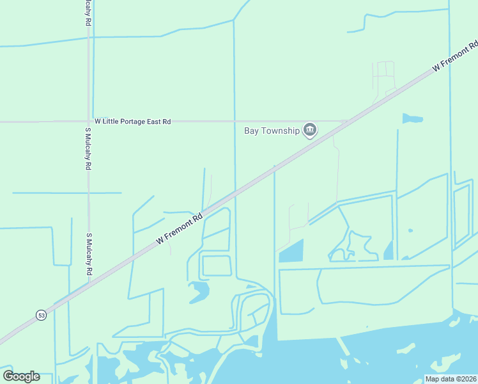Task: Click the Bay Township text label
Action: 272,131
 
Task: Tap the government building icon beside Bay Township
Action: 310,131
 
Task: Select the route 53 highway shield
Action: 42,316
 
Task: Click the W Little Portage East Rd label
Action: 133,121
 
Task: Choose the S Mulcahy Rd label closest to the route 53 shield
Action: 88,255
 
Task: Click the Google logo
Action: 21,376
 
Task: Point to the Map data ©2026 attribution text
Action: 451,379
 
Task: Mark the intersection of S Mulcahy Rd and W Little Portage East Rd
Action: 88,121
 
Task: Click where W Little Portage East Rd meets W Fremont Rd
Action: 345,121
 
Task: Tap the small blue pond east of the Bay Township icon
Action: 412,119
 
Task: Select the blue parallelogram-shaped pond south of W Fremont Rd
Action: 291,251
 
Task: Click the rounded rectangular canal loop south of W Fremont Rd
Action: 216,265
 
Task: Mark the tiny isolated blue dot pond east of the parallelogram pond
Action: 410,230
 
